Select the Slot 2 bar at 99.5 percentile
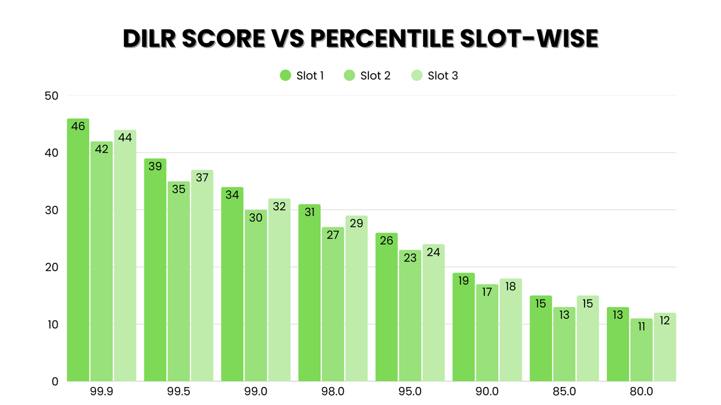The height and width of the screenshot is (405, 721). (178, 281)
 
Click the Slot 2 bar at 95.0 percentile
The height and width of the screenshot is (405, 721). (410, 316)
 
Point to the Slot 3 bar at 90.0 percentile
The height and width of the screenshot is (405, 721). (510, 330)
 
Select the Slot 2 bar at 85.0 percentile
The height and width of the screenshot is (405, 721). (564, 344)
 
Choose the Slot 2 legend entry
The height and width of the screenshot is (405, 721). (367, 76)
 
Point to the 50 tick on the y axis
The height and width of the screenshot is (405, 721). (51, 96)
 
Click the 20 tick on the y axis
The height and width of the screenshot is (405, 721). (51, 268)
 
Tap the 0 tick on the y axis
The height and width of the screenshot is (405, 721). (55, 382)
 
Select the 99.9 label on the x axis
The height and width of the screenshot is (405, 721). (102, 392)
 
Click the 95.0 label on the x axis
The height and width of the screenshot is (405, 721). (410, 392)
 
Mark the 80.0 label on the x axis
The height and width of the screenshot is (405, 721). (641, 392)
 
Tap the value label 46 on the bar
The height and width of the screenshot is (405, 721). (78, 127)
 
